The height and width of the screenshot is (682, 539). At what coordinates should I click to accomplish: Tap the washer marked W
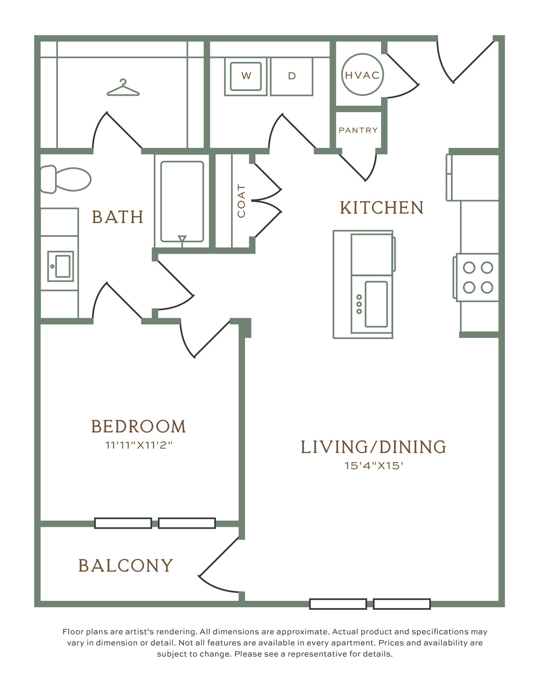pos(246,76)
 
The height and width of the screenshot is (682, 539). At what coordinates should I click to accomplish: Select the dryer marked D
pos(292,76)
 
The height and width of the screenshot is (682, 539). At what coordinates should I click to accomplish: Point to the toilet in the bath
pos(65,179)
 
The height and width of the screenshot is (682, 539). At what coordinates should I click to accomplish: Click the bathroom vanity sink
pos(61,266)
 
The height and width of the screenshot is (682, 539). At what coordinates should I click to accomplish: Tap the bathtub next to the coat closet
pos(182,202)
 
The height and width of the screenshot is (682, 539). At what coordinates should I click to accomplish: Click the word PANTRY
pos(358,130)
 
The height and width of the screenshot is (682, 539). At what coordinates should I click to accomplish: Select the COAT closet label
pos(241,201)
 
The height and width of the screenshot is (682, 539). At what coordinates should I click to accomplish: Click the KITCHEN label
pos(382,208)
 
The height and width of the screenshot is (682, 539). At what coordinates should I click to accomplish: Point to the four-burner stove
pos(476,277)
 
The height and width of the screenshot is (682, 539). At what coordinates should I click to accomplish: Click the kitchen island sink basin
pos(376,304)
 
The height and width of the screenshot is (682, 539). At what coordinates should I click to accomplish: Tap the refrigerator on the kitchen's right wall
pos(472,177)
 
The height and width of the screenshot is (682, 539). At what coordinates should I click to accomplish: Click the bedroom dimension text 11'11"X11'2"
pos(139,445)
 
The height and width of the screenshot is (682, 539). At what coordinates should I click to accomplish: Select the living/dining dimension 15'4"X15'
pos(374,465)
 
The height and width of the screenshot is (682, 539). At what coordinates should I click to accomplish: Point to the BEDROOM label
pos(139,426)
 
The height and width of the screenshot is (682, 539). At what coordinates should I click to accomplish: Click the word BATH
pos(118,217)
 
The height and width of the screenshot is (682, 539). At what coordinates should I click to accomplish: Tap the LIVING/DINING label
pos(374,447)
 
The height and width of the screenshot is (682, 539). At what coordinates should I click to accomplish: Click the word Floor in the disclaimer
pos(71,632)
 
